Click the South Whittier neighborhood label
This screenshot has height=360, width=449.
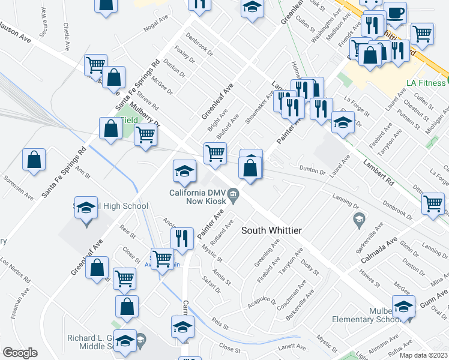(x=271, y=230)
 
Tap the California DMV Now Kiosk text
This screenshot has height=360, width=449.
(x=198, y=197)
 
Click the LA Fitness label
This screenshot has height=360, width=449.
(x=424, y=80)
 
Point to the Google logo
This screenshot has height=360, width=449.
(x=20, y=353)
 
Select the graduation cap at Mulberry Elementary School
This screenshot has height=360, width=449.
(x=403, y=305)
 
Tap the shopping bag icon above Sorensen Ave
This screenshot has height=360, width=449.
(x=34, y=160)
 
